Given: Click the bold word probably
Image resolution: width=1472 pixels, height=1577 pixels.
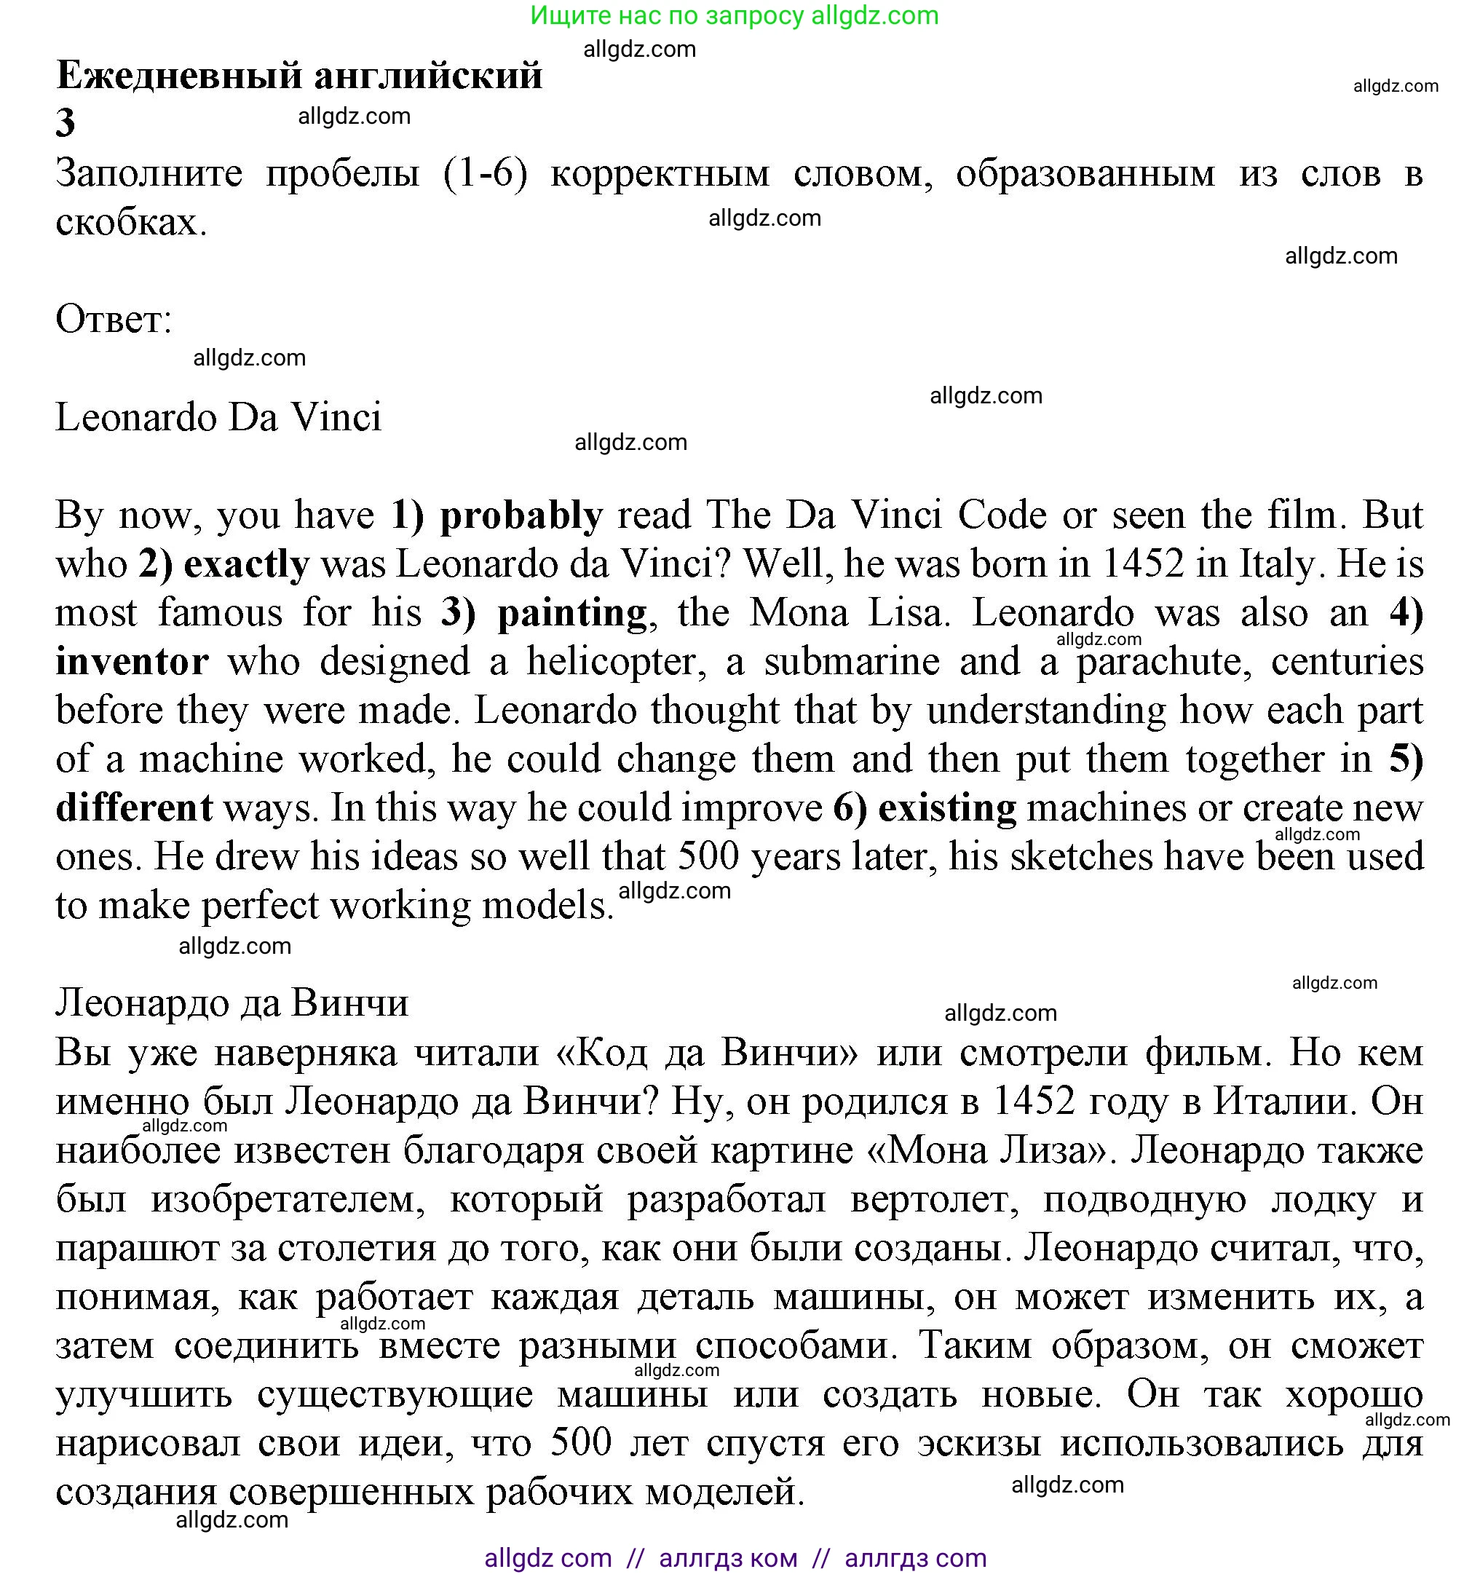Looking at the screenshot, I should coord(521,516).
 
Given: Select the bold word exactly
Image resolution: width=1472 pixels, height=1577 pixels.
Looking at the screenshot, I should coord(246,565).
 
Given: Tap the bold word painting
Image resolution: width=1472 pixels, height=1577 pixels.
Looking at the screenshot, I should coord(571,613).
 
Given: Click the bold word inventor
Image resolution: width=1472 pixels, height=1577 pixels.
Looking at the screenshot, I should coord(132,662).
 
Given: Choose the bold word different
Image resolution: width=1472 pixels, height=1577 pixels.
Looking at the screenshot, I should coord(133,807).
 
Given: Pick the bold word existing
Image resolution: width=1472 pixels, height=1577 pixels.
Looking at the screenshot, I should coord(947,807).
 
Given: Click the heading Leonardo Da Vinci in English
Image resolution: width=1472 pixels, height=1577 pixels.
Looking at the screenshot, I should coord(218,417).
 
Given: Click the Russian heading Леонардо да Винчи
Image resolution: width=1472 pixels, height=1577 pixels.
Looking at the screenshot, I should coord(232,1003).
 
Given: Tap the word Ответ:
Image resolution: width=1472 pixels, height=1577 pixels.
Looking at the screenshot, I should coord(114,320).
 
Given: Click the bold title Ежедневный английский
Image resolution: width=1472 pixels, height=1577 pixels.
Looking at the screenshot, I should coord(299,76).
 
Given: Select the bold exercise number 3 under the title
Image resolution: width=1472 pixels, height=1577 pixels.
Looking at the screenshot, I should coord(65,123).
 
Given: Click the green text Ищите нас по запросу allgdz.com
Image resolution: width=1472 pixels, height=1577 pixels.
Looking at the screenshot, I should coord(734,15).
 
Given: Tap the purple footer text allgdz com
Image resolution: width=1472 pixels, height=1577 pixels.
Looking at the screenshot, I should coord(547,1558).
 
